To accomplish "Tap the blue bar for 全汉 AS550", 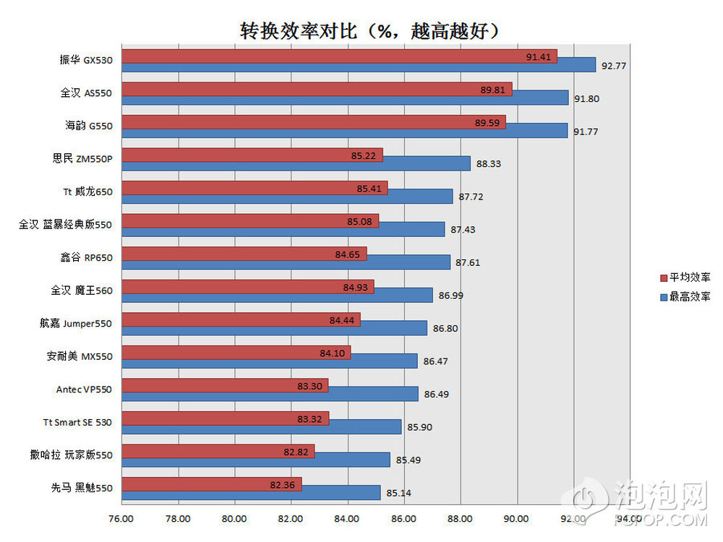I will (345, 98).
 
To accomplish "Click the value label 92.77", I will (613, 66).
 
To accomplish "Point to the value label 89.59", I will (487, 123).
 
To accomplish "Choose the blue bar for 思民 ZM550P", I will (296, 163).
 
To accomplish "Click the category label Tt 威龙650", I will (87, 192).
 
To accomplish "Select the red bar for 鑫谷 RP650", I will (244, 254).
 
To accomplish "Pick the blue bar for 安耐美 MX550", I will (269, 361).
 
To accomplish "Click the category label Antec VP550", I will (84, 390).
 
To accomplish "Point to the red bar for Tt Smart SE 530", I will (225, 418).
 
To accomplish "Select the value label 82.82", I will (296, 452).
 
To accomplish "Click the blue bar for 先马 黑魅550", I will (250, 493).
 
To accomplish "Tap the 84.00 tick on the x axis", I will (348, 519).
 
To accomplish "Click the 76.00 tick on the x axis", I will (121, 519).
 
